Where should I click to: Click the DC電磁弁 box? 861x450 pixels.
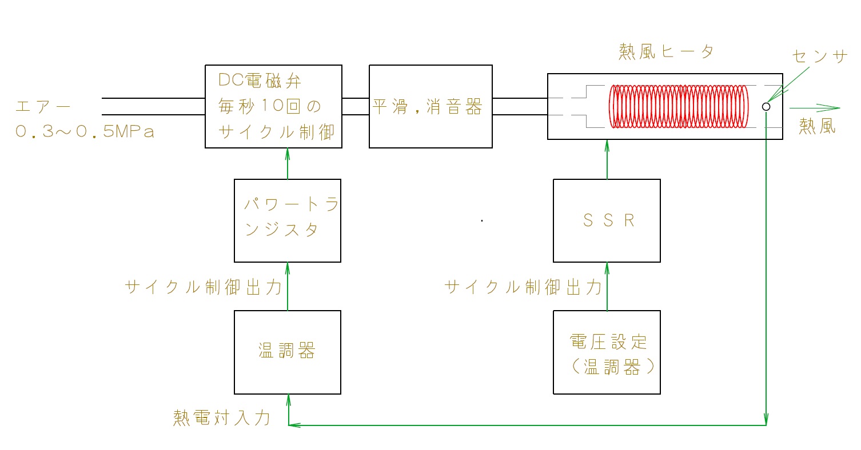coord(273,106)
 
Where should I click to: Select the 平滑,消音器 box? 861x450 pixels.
coord(431,106)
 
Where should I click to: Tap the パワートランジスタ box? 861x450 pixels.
coord(288,220)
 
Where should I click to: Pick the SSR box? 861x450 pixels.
coord(607,220)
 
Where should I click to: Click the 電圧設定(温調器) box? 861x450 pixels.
coord(607,352)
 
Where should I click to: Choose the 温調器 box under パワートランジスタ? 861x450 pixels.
coord(288,352)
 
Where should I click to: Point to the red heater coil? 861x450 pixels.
coord(679,106)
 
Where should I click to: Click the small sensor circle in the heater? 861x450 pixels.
coord(766,106)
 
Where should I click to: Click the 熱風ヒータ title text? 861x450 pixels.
coord(666,52)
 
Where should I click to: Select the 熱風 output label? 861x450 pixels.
coord(817,126)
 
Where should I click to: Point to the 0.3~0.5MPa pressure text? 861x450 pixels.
coord(85,131)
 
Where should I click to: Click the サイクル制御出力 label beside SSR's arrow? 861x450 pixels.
coord(523,287)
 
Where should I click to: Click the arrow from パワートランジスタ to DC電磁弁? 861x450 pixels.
coord(288,164)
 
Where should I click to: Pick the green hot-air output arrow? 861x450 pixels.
coord(814,107)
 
